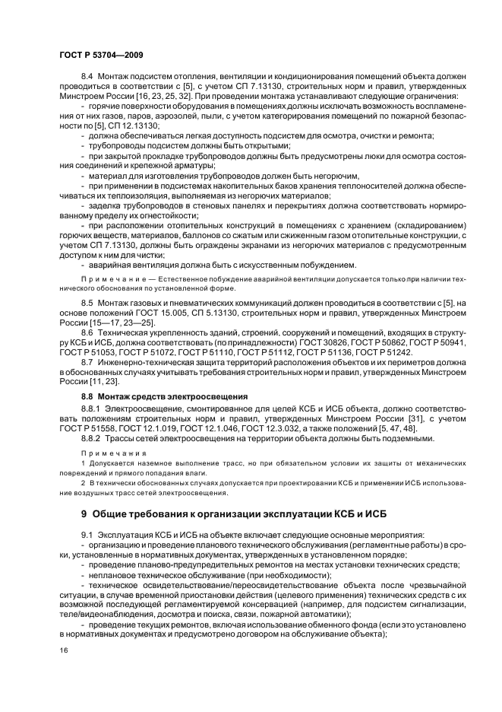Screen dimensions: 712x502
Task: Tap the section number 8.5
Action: [x=86, y=302]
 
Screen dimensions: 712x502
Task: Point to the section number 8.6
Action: [x=86, y=332]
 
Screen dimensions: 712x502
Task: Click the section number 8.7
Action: [x=86, y=363]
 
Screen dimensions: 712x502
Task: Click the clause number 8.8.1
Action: [x=90, y=408]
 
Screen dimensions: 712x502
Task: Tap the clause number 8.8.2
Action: [x=90, y=439]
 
